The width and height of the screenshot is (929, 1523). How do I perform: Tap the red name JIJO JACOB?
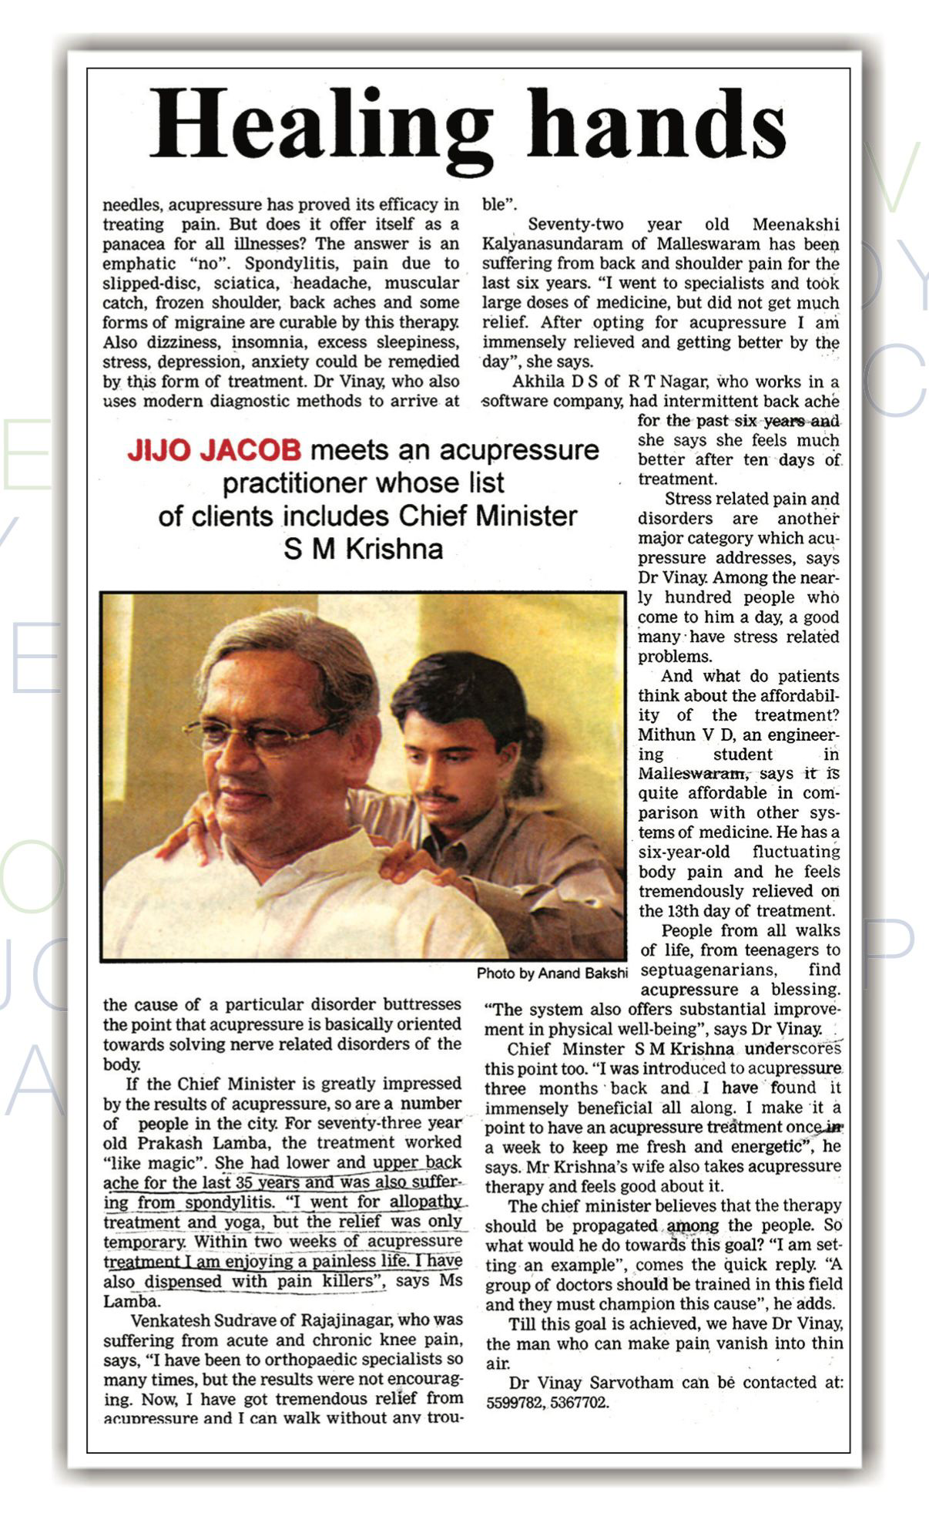214,451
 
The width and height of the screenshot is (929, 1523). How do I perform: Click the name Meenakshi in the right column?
795,224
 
